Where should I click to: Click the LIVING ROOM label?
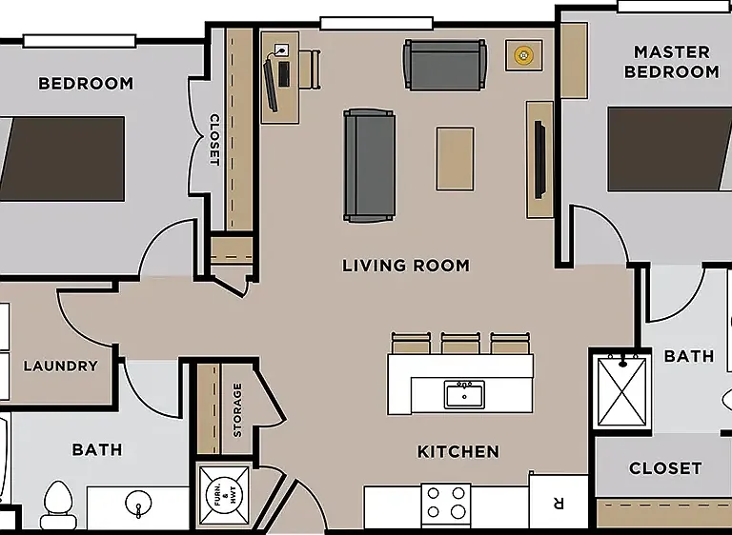coord(406,266)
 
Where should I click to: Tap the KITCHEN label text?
coord(457,451)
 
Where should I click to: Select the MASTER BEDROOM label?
coord(672,62)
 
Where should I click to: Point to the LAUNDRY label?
coord(61,366)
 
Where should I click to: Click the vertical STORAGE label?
coord(237,410)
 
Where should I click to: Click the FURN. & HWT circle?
coord(224,495)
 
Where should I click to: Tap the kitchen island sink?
coord(464,395)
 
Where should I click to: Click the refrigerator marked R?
coord(559,502)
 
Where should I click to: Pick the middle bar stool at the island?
coord(460,343)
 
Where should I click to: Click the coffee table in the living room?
coord(456,159)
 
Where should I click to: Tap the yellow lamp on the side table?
coord(524,55)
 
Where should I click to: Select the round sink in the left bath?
coord(138,503)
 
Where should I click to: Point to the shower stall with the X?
coord(622,391)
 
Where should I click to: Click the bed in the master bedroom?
coord(669,149)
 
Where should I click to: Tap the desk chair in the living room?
coord(310,69)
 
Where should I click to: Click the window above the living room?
coord(376,24)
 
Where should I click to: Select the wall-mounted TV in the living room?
coord(539,160)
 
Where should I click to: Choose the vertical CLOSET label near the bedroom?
coord(213,140)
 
